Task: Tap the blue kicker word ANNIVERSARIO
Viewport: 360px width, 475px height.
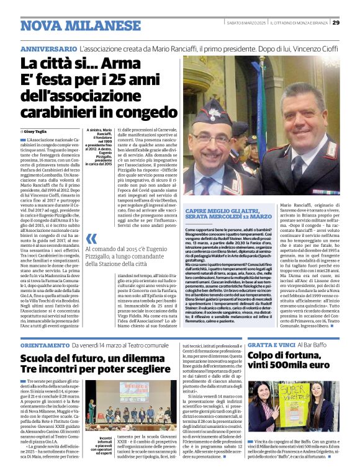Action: coord(48,48)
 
